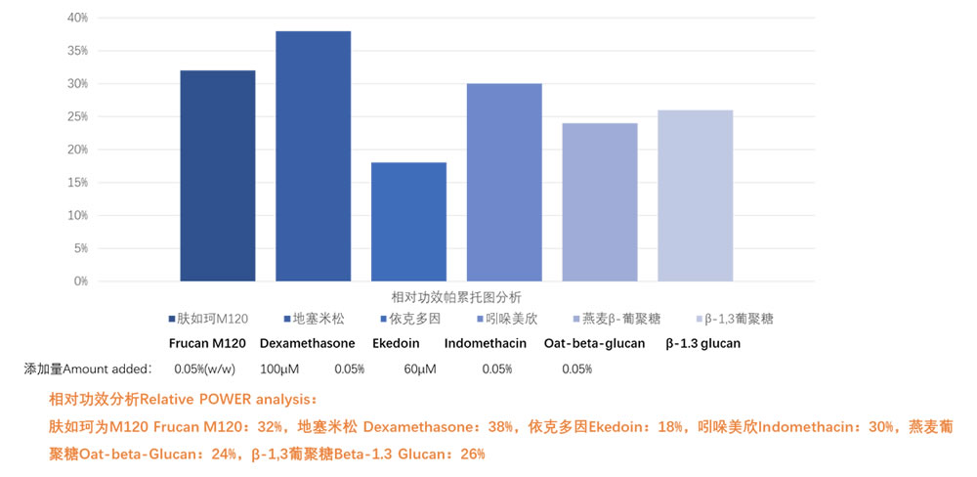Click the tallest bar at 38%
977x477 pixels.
click(313, 156)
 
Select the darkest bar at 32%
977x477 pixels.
click(218, 176)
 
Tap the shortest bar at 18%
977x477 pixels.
click(408, 222)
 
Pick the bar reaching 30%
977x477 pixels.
click(504, 183)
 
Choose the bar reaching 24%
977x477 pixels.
click(600, 202)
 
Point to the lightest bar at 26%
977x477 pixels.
click(695, 195)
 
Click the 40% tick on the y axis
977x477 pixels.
click(77, 18)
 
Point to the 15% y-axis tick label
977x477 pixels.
click(77, 183)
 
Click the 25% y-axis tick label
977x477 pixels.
click(77, 117)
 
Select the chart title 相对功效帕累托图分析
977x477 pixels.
click(456, 297)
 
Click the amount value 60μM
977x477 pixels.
click(419, 369)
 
